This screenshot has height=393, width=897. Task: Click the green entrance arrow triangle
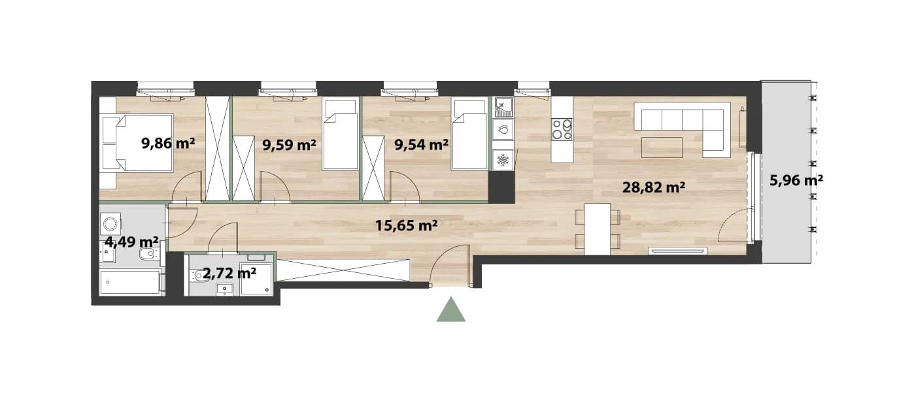tap(451, 311)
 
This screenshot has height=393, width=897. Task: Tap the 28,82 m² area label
tap(654, 187)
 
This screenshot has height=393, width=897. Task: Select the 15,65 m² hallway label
tap(406, 226)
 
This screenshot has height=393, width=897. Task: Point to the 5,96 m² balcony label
tap(796, 181)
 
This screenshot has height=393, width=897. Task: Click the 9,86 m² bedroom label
tap(168, 143)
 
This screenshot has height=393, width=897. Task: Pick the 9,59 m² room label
tap(289, 145)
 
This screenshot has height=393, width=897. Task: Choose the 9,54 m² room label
tap(421, 145)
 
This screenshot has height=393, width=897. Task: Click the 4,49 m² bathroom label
tap(131, 242)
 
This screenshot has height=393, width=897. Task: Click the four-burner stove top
tap(562, 129)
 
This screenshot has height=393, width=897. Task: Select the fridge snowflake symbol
tap(503, 161)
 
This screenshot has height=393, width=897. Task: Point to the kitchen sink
tap(503, 108)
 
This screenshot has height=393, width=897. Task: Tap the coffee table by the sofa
tap(662, 148)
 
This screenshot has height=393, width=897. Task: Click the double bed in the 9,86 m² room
tap(137, 143)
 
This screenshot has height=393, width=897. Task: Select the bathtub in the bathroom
tap(130, 283)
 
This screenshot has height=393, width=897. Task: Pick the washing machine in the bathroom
tap(110, 223)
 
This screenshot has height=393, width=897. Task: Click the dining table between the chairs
tap(597, 229)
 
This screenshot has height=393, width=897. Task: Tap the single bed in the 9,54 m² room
tap(469, 134)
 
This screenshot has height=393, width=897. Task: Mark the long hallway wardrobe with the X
tap(343, 270)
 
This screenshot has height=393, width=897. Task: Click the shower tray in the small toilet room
tap(257, 279)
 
